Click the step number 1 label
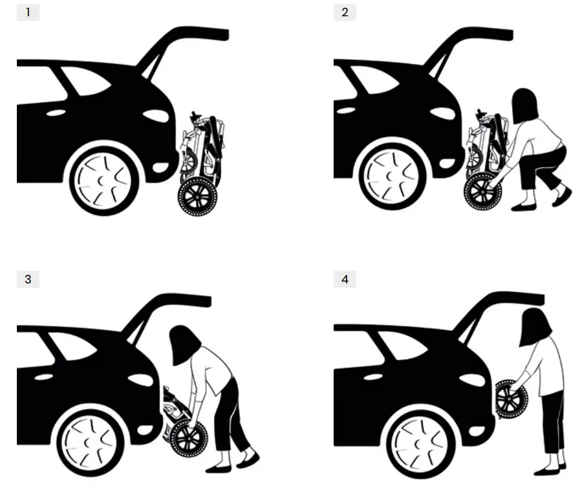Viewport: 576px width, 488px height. pos(28,12)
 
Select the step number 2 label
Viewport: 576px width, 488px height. pos(345,12)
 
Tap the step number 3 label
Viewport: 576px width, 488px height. pos(28,279)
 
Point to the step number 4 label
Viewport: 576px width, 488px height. pos(345,279)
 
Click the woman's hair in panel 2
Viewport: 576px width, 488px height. pos(525,105)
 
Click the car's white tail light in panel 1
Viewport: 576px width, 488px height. pos(156,115)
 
